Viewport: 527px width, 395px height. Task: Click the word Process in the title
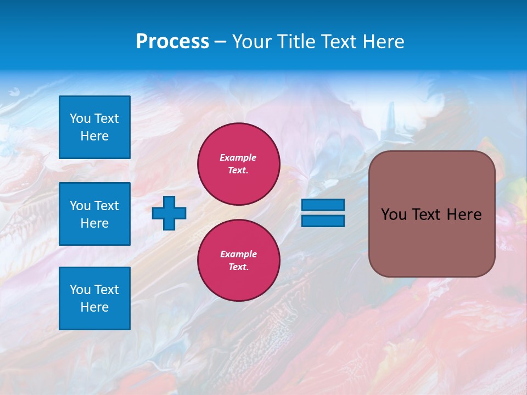[172, 42]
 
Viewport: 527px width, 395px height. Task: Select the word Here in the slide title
[383, 42]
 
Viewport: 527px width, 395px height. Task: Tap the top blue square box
[94, 127]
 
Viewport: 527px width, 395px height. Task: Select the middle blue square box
[94, 214]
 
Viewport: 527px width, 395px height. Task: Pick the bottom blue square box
[94, 298]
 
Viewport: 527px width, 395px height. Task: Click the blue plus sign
[169, 213]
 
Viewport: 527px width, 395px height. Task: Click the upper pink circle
[239, 164]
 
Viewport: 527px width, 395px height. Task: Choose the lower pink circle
[239, 261]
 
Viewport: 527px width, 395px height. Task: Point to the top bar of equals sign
[323, 205]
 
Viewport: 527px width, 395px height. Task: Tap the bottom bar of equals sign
[323, 221]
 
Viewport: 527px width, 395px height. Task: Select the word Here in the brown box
[464, 215]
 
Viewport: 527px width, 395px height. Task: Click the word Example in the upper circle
[238, 157]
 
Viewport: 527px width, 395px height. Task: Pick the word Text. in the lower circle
[238, 267]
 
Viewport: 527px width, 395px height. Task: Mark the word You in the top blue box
[80, 119]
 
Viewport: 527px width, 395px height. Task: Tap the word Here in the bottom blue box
[94, 307]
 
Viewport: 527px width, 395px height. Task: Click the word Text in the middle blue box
[106, 206]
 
